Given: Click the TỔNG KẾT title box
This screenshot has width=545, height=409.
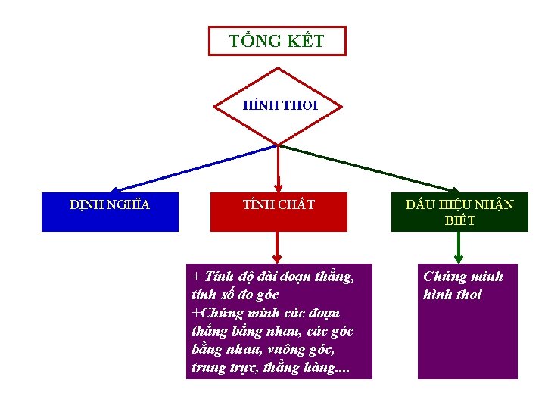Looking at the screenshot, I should click(x=277, y=41).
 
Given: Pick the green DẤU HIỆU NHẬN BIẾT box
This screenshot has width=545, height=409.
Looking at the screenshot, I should click(x=459, y=213).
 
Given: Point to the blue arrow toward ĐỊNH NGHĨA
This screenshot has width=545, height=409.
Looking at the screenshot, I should click(x=189, y=168).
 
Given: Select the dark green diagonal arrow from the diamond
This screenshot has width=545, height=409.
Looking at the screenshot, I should click(x=371, y=168).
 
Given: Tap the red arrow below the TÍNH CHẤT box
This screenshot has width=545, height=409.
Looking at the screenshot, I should click(x=278, y=247).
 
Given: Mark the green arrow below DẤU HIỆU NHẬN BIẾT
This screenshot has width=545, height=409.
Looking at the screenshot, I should click(x=459, y=247).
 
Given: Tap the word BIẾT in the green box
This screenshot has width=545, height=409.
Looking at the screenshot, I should click(x=459, y=221).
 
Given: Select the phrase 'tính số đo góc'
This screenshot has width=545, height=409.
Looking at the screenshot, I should click(x=235, y=295).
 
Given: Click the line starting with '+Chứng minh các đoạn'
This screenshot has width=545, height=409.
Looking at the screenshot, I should click(x=266, y=313).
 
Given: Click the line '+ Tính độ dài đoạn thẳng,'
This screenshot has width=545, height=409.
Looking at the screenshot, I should click(x=272, y=276).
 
